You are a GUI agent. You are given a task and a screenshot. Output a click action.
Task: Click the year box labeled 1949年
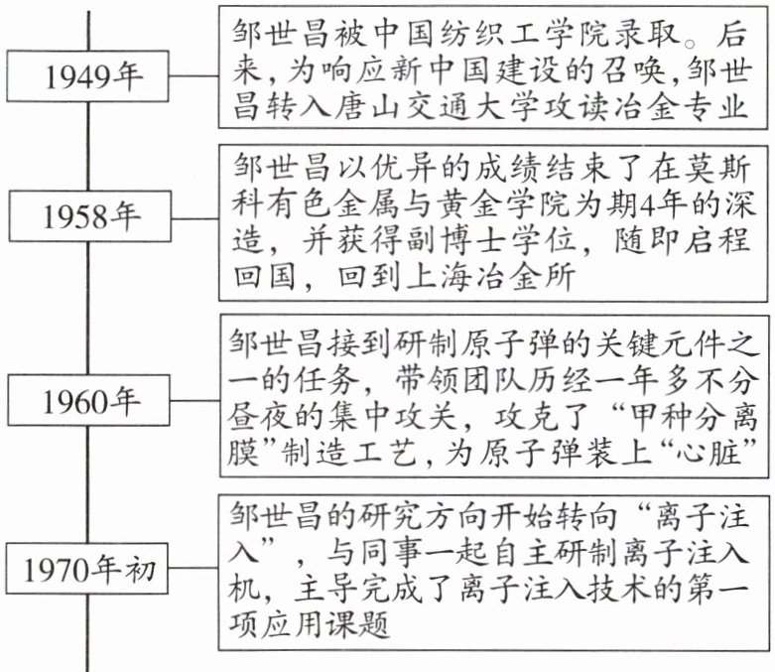[87, 76]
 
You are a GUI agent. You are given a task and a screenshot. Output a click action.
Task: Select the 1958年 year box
[90, 216]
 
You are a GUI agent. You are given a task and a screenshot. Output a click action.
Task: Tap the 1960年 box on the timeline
[89, 400]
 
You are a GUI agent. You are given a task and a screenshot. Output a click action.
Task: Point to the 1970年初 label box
[87, 568]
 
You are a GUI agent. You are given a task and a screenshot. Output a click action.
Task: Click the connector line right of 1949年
[194, 76]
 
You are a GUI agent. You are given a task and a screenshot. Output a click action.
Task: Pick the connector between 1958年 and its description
[195, 218]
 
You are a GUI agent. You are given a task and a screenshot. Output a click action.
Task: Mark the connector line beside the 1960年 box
[195, 400]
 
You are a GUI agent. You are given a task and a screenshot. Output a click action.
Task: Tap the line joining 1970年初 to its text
[194, 568]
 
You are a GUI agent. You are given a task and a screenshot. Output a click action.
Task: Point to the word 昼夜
[259, 417]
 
